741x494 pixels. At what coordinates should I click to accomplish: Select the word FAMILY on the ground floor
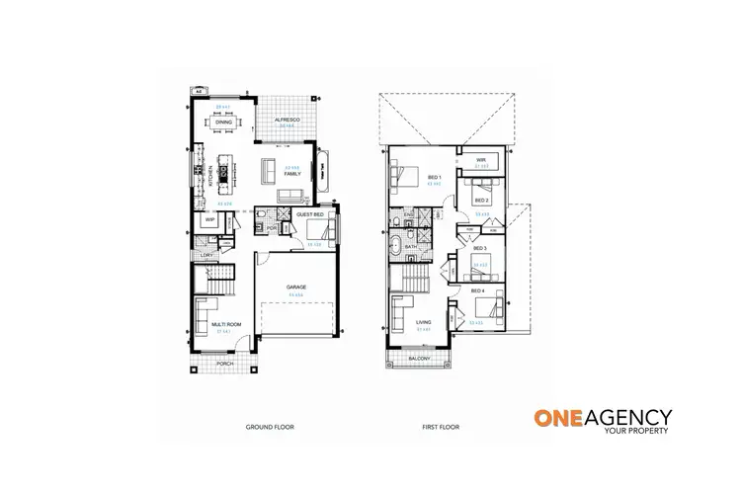[292, 173]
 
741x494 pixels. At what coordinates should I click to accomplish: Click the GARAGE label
[296, 287]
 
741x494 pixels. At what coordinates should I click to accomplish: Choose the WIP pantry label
[209, 220]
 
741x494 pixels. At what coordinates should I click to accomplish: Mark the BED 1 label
[433, 178]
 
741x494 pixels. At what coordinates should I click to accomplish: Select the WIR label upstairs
[481, 159]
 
